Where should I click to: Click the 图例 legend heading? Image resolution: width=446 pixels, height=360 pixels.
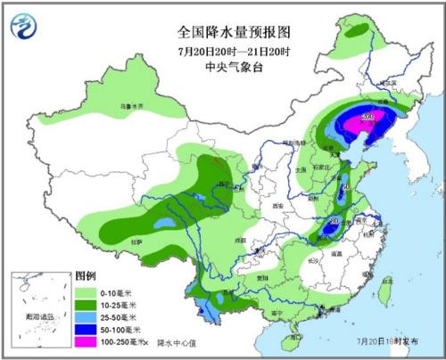point(85,276)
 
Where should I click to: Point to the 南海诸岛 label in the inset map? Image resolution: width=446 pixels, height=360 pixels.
point(38,316)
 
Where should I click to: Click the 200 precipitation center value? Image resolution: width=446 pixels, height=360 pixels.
point(367,117)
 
